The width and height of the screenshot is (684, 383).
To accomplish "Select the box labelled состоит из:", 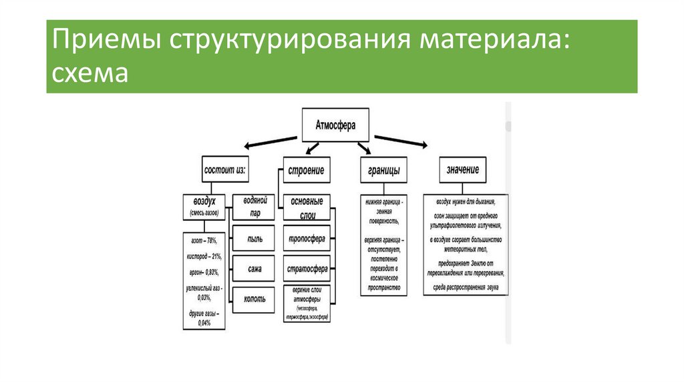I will (224, 170).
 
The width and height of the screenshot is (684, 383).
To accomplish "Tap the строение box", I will (307, 170).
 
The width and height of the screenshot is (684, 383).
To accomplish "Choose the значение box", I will (462, 170).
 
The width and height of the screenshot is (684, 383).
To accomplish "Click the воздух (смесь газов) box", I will (204, 206).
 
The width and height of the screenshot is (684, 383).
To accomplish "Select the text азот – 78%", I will (203, 241).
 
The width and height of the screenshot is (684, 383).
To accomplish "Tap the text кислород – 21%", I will (203, 256).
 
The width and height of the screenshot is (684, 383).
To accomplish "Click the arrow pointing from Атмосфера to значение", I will (401, 140).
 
